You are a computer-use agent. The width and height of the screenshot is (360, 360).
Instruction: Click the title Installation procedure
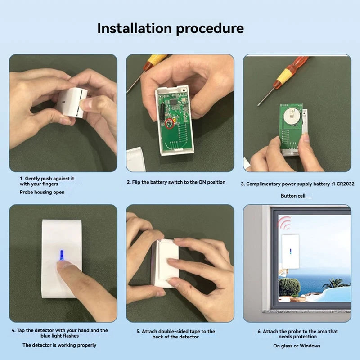coord(171,28)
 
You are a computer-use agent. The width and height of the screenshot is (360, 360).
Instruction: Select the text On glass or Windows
coord(297,346)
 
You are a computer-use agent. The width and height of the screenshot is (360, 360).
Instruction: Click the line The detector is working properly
coord(59,345)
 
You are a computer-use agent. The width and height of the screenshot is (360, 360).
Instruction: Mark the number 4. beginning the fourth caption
coord(13,330)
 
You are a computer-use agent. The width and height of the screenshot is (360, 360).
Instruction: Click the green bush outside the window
coord(288,286)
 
